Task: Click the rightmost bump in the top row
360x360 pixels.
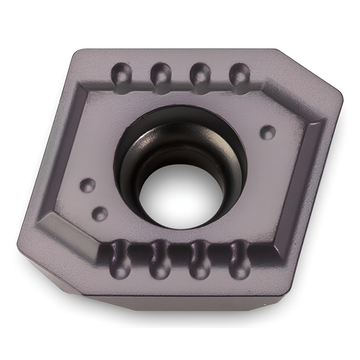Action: [x=239, y=74]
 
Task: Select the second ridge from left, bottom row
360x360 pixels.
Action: [x=160, y=261]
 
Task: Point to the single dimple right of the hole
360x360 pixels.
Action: [x=267, y=132]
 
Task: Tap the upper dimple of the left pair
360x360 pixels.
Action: [x=87, y=185]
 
